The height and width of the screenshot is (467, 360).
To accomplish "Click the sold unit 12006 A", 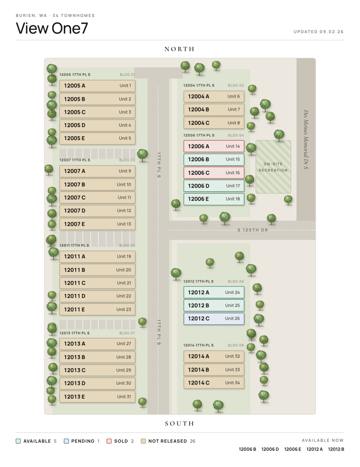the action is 214,146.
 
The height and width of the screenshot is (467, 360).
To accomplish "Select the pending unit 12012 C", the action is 214,318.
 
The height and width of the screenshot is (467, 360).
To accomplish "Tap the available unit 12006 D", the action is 214,186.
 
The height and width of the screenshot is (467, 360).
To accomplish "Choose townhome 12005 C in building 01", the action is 97,112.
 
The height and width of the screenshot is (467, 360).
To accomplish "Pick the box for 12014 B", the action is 214,369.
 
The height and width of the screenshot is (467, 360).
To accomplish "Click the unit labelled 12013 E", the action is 97,397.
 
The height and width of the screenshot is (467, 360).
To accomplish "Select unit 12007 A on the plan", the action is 97,171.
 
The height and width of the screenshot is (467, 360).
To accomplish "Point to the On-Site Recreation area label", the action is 273,167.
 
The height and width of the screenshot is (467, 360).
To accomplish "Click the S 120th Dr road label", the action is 253,230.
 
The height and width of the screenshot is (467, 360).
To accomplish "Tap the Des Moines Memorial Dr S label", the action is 306,140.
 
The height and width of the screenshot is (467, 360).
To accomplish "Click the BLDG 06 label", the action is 236,281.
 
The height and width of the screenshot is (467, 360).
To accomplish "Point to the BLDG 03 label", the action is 127,160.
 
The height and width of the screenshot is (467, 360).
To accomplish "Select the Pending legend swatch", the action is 67,441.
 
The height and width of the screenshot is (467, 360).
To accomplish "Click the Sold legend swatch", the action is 109,441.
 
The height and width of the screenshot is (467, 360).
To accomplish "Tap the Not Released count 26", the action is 193,441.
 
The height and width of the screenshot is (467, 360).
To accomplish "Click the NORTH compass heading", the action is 179,49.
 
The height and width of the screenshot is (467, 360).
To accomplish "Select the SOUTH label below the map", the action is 179,424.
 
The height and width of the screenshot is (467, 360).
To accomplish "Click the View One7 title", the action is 52,28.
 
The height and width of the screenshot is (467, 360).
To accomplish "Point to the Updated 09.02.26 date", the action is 319,31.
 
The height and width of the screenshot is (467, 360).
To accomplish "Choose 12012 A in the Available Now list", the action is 315,449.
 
